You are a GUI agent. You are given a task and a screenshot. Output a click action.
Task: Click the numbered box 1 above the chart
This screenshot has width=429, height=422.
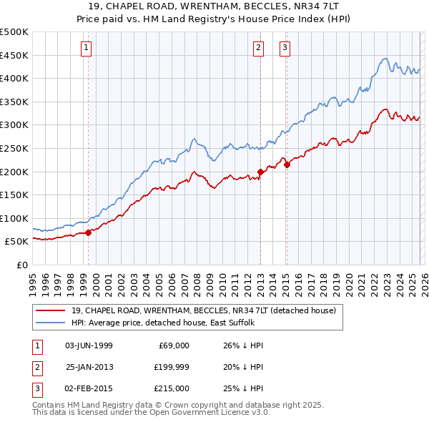(x=86, y=48)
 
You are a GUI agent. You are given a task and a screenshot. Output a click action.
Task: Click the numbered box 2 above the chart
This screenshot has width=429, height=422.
(x=257, y=48)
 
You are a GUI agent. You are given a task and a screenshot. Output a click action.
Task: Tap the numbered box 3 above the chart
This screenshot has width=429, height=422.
(x=285, y=48)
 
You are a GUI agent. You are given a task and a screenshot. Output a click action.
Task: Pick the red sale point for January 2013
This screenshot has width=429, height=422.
(x=260, y=172)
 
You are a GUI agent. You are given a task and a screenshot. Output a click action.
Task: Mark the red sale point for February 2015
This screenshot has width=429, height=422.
(x=287, y=165)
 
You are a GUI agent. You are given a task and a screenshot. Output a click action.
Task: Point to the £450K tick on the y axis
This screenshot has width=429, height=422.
(x=14, y=55)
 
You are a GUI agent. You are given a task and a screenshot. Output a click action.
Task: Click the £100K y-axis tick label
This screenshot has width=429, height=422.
(x=14, y=218)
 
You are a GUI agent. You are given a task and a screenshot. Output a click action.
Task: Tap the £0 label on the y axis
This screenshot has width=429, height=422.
(x=22, y=265)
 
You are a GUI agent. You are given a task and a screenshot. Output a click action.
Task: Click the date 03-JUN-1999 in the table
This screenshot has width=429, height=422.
(x=89, y=345)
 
